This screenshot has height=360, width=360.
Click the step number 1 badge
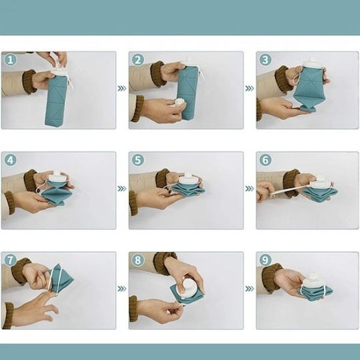(x=11, y=60)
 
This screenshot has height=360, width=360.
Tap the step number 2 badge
(x=138, y=60)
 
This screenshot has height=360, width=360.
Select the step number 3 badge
(x=265, y=60)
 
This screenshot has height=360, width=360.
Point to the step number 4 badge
(x=11, y=160)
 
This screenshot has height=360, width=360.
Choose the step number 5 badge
(x=138, y=160)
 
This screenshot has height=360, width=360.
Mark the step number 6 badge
(x=265, y=160)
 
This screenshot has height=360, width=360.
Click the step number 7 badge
(x=11, y=260)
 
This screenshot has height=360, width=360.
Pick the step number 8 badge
(x=138, y=260)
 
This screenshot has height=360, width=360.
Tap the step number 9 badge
(x=265, y=260)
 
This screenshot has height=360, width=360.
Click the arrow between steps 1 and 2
(x=122, y=89)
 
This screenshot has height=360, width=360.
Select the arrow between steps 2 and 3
(x=249, y=89)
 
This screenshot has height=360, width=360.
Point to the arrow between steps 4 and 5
(x=122, y=189)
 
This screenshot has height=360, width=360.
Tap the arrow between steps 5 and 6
(x=249, y=189)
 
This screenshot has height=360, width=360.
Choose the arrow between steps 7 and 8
(x=122, y=289)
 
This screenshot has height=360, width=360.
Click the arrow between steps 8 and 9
(x=249, y=289)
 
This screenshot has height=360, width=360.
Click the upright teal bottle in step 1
(x=56, y=100)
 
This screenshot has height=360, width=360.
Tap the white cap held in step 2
(x=179, y=103)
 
